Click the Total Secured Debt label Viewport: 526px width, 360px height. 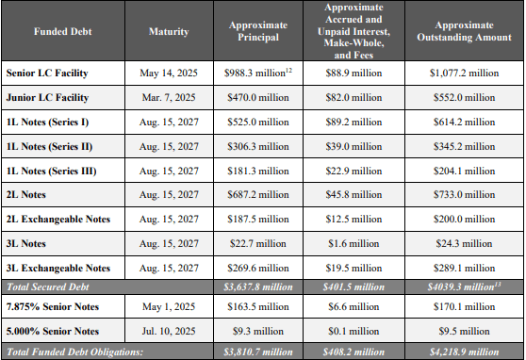click(45, 286)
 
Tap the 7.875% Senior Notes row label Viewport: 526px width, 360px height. click(52, 305)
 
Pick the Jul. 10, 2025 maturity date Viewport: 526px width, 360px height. click(168, 331)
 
